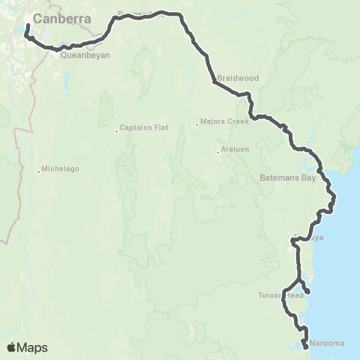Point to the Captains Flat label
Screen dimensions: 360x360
click(144, 127)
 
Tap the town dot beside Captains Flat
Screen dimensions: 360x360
click(117, 132)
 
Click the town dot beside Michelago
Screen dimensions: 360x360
click(38, 172)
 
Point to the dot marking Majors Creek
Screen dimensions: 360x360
click(196, 124)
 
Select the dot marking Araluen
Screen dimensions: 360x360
click(217, 152)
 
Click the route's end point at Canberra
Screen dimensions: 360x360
click(27, 28)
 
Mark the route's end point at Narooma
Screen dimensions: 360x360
click(305, 346)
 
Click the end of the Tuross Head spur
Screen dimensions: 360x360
click(308, 292)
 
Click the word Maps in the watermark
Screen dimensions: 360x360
click(34, 347)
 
